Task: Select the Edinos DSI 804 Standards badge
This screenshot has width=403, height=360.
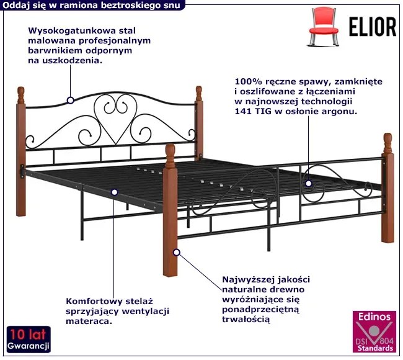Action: tap(374, 333)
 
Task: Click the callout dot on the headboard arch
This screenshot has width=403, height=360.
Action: tap(71, 99)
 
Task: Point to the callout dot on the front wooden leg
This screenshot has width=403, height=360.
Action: tap(177, 252)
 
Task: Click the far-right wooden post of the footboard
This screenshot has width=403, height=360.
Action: tap(388, 186)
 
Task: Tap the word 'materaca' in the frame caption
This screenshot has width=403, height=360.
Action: tap(92, 322)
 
